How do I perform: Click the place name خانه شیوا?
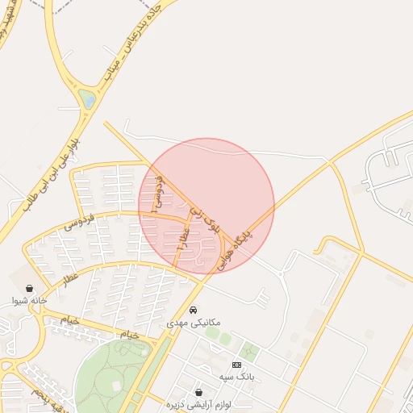click(30, 301)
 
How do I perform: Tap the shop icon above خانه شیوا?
click(30, 288)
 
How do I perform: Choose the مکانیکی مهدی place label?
click(193, 322)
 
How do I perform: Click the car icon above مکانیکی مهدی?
click(193, 310)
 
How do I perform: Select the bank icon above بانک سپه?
click(236, 365)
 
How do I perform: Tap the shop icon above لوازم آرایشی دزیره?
click(198, 392)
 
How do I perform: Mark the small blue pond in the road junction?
click(87, 99)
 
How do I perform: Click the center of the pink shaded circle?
click(206, 206)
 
